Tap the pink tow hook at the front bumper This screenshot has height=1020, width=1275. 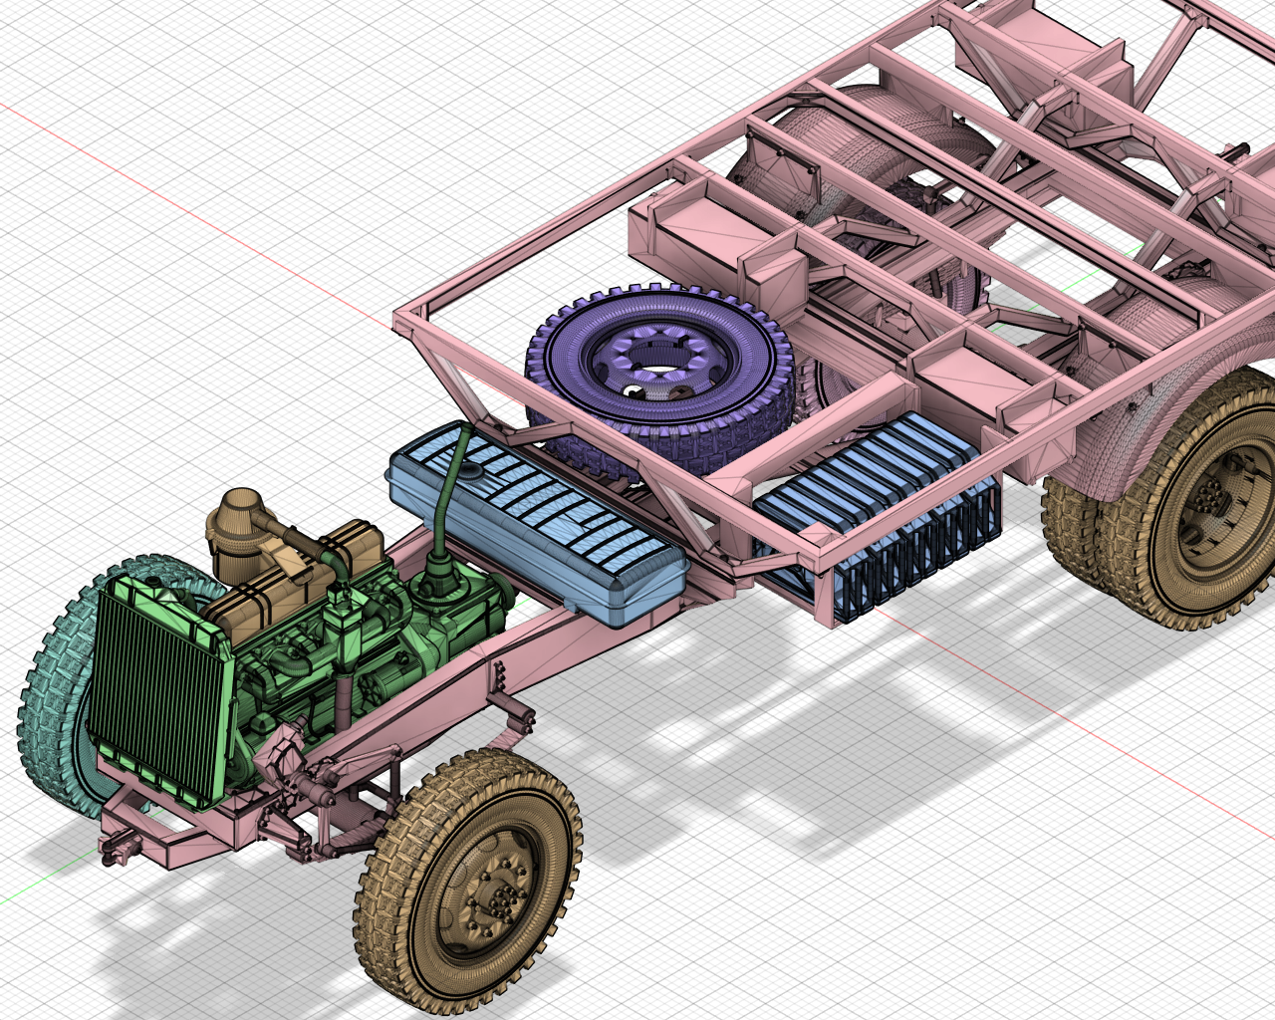tap(120, 847)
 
